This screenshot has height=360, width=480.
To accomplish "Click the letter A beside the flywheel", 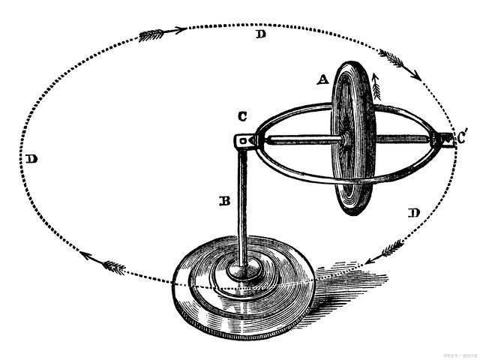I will click(322, 78).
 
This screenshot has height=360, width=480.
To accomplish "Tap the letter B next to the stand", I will click(223, 201).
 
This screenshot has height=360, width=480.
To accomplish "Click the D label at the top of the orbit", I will click(259, 35).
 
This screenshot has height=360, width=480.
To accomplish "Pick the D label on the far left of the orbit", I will click(31, 159).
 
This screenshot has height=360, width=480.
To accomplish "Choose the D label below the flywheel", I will click(413, 213).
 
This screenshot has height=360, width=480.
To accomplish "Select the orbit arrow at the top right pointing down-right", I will click(397, 61).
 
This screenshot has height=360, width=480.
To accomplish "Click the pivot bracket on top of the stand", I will click(244, 140).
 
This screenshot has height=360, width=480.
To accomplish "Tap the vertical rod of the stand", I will click(243, 210).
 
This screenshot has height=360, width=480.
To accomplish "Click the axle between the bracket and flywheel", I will click(300, 139).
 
